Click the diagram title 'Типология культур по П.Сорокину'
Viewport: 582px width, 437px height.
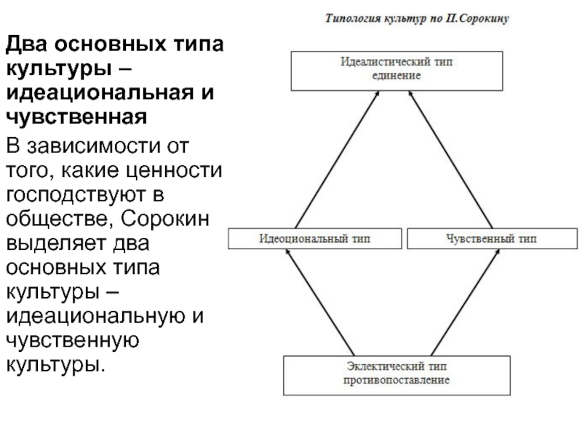(417, 18)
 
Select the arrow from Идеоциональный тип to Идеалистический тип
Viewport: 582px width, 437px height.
(337, 160)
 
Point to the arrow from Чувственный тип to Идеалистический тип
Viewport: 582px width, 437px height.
(450, 160)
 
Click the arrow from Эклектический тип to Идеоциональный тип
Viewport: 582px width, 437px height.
(320, 302)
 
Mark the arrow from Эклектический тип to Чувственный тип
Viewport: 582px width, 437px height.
(466, 302)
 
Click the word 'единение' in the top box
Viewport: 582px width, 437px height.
(396, 76)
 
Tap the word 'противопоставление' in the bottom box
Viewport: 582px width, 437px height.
(396, 380)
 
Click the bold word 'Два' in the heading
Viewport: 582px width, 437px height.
(26, 44)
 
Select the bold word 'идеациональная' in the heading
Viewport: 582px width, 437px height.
(100, 92)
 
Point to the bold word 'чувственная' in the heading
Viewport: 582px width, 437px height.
(76, 117)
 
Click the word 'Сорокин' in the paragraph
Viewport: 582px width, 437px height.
(165, 219)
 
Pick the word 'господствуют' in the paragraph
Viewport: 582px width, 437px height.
(76, 195)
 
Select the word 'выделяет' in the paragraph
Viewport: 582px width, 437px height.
(55, 243)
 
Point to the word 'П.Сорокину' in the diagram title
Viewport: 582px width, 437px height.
(477, 18)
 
